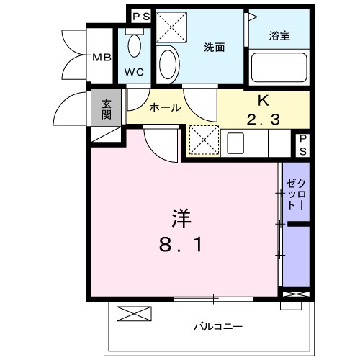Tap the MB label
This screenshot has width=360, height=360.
click(x=101, y=57)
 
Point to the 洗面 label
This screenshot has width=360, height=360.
click(x=214, y=48)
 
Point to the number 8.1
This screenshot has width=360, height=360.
click(x=180, y=245)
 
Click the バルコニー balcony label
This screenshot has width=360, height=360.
click(x=217, y=326)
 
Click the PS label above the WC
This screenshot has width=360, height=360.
click(x=141, y=16)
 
